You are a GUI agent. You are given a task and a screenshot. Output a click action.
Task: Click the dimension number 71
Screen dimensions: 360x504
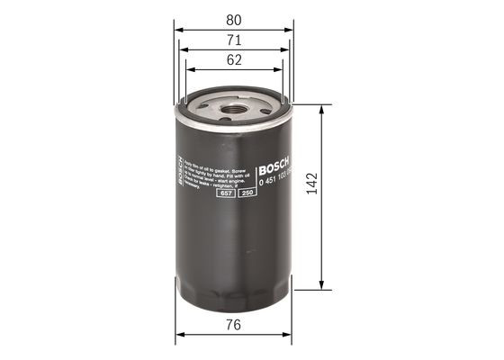[234, 40]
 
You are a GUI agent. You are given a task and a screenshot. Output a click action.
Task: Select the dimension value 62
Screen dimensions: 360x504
[234, 61]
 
